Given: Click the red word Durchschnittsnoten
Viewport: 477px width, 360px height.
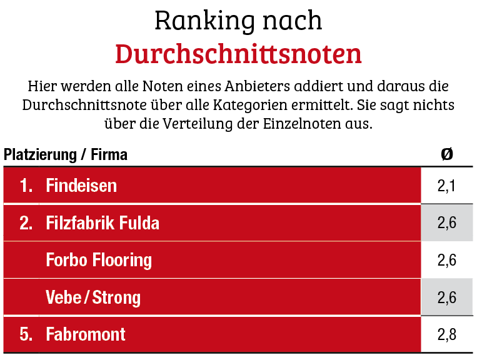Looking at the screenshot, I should tap(238, 54).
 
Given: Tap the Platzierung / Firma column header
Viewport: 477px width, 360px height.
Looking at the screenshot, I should tap(66, 154).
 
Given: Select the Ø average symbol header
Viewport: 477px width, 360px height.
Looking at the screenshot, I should tap(446, 154).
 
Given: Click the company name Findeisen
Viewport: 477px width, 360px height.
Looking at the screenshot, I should tap(81, 186).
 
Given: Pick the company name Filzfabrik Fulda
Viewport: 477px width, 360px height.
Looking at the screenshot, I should tap(103, 222).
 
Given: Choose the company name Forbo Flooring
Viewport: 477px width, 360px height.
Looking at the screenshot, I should tap(99, 259).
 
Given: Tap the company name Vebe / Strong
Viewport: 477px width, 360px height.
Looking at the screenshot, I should tap(93, 297).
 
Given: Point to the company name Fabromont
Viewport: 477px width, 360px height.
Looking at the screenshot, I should tap(86, 334).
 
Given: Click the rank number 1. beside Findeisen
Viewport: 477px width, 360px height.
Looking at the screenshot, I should tap(26, 186).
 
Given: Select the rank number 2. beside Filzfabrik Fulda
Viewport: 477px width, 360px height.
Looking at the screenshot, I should tap(26, 222).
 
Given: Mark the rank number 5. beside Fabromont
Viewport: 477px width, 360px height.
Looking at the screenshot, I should tap(26, 334).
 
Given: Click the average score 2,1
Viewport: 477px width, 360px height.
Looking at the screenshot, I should tap(446, 186).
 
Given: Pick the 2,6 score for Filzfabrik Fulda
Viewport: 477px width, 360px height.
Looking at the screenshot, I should tap(446, 222).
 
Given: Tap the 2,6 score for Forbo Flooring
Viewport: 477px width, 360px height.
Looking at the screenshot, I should tap(446, 259).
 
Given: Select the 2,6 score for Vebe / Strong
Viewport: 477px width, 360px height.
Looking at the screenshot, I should tap(446, 297).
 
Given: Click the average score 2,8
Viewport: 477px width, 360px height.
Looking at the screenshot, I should tap(446, 334).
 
